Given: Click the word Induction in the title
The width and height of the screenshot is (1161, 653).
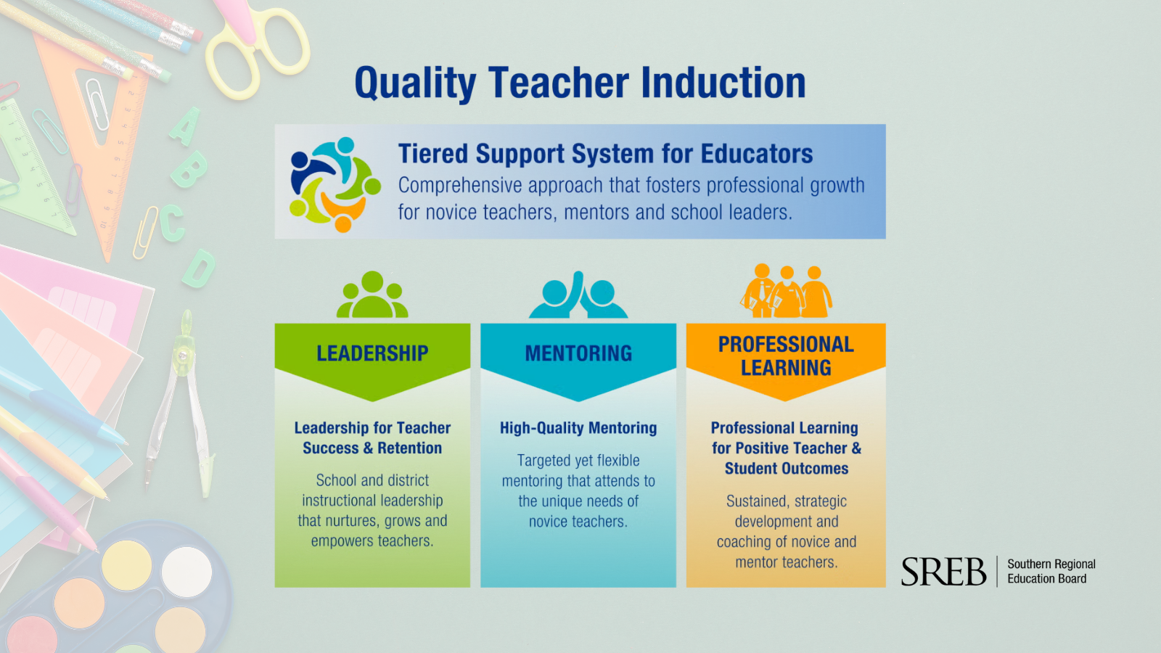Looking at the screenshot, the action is click(x=723, y=83).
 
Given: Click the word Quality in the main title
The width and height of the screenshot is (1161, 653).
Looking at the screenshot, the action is click(x=415, y=84).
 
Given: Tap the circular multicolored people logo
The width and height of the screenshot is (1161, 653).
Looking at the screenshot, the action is click(x=335, y=184).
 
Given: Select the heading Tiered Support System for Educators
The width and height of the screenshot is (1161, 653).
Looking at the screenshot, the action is click(x=605, y=153).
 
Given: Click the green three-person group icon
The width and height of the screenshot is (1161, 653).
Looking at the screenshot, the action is click(x=372, y=295).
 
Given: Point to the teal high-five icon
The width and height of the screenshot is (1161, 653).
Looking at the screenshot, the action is click(x=578, y=295).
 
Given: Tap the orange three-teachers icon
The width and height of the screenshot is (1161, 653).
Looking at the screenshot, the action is click(x=787, y=291).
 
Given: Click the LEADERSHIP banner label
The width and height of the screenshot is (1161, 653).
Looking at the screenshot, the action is click(x=373, y=353).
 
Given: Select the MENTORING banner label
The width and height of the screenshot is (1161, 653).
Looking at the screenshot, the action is click(x=578, y=353).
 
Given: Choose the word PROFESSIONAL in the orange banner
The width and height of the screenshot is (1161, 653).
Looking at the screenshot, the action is click(x=786, y=344).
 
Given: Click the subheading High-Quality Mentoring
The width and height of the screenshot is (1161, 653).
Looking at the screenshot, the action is click(x=578, y=427).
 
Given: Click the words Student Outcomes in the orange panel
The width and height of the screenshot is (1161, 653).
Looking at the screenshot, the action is click(x=787, y=468).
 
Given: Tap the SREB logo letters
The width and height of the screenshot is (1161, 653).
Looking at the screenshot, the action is click(x=944, y=572).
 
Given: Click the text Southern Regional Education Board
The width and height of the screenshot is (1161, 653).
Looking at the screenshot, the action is click(x=1051, y=571).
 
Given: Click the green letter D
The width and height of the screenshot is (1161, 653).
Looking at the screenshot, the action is click(x=199, y=268).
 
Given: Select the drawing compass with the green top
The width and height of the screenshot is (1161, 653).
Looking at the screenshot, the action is click(x=181, y=404).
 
